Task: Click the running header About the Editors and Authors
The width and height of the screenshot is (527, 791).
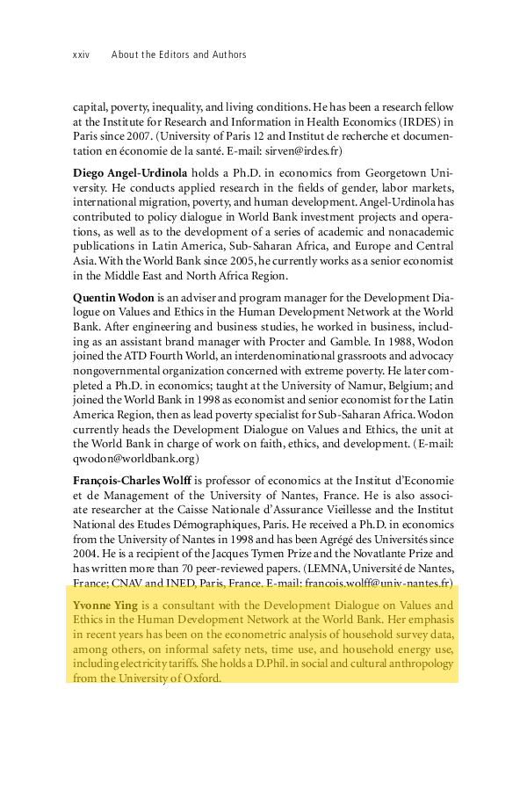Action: pyautogui.click(x=179, y=54)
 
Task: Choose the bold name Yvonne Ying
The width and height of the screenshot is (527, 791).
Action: pyautogui.click(x=104, y=606)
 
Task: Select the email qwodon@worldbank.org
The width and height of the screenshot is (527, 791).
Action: pyautogui.click(x=136, y=458)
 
